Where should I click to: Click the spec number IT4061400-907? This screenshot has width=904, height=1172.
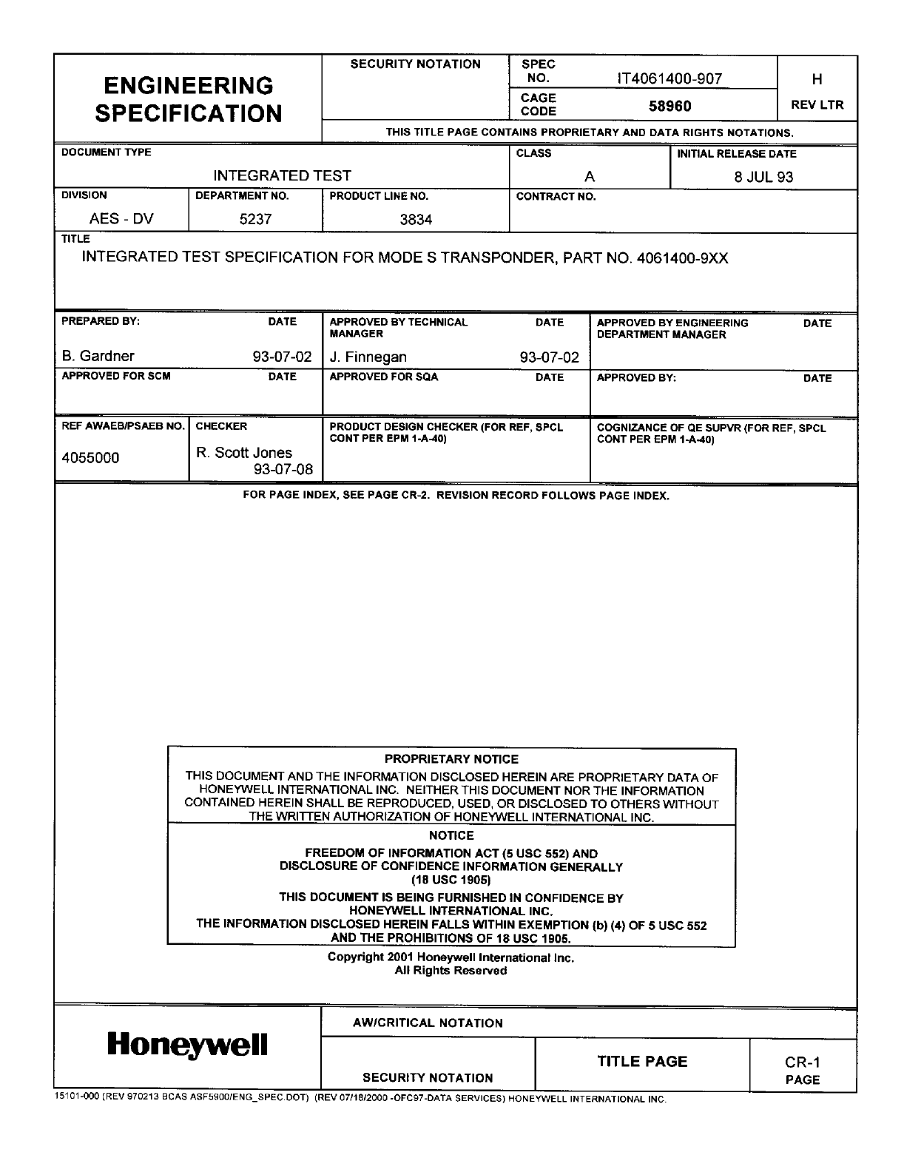[670, 79]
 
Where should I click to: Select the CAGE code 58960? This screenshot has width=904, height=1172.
[669, 107]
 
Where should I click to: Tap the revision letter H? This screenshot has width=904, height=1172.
[817, 79]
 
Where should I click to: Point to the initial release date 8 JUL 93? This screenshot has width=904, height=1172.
[763, 177]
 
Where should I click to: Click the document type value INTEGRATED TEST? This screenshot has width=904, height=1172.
[282, 176]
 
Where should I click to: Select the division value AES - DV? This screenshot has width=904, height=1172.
[121, 219]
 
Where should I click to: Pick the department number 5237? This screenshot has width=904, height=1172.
[255, 220]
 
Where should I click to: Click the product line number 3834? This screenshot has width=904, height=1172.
[416, 220]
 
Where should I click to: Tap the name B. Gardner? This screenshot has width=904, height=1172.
[98, 356]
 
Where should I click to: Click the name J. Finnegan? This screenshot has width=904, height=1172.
[368, 357]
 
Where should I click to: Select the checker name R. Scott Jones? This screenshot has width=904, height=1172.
[244, 453]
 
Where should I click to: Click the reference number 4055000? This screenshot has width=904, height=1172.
[90, 458]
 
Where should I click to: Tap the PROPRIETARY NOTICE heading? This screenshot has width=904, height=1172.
[451, 759]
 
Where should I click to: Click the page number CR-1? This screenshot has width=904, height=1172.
[803, 1063]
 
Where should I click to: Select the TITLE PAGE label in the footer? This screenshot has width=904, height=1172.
[642, 1062]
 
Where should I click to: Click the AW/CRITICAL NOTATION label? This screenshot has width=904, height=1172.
[428, 1023]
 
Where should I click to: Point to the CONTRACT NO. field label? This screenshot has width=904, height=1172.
[556, 197]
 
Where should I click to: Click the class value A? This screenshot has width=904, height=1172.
[590, 177]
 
